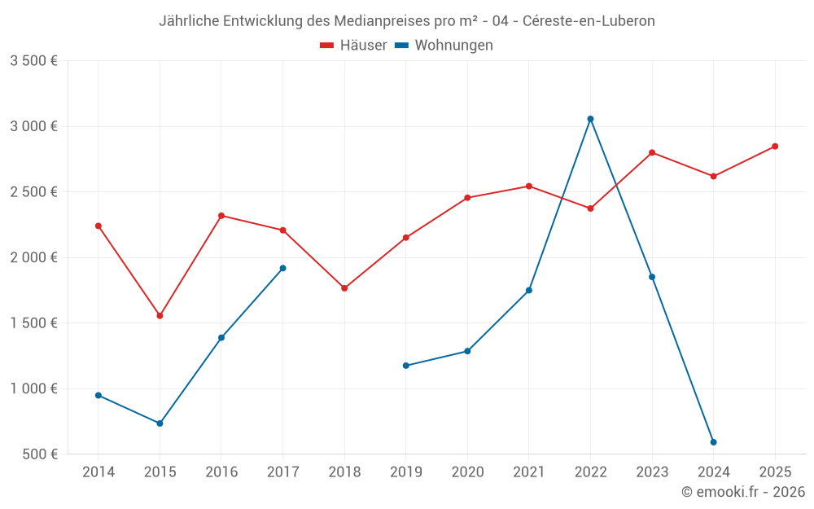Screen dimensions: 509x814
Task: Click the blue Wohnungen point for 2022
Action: click(590, 119)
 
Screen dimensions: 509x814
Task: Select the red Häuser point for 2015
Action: click(160, 315)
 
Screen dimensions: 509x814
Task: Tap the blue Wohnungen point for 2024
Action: click(713, 442)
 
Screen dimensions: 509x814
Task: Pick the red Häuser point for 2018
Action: click(344, 288)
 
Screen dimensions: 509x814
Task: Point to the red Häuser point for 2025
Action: click(775, 147)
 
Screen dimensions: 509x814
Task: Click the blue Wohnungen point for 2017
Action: click(282, 268)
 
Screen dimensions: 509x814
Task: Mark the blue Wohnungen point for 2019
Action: click(406, 366)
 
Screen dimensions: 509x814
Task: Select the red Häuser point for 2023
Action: click(652, 152)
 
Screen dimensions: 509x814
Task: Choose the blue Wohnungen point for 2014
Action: click(98, 396)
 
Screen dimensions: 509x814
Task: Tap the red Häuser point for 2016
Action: click(221, 216)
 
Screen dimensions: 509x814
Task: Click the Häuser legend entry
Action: click(353, 46)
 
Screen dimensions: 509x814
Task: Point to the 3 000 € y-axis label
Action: click(33, 126)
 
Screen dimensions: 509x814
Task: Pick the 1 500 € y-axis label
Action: click(33, 323)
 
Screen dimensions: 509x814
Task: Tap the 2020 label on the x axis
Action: click(467, 472)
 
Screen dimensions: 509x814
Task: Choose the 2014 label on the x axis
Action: click(98, 472)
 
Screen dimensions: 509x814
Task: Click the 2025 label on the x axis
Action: click(775, 472)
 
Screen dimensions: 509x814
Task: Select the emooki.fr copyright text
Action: click(743, 492)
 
